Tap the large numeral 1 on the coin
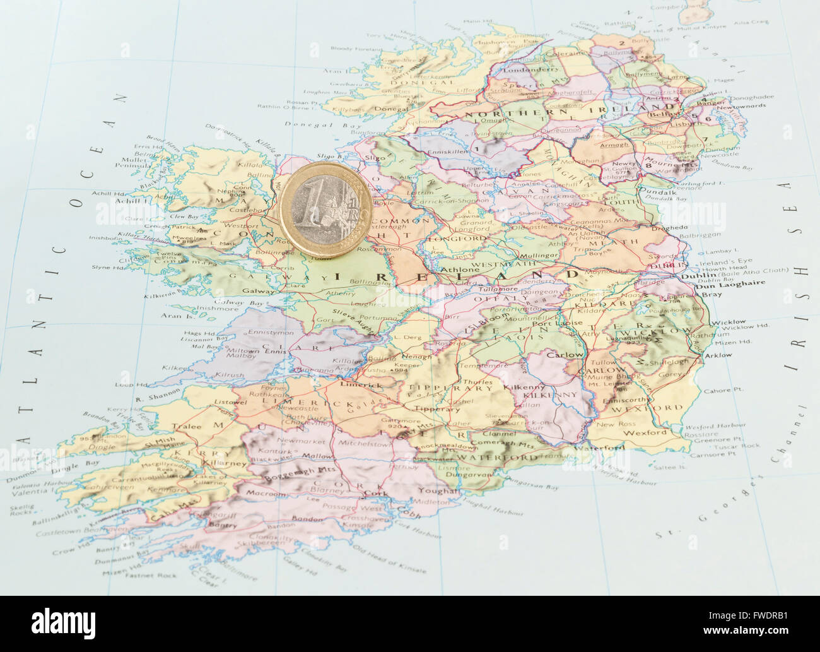coord(313,208)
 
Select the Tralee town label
coord(187,426)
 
